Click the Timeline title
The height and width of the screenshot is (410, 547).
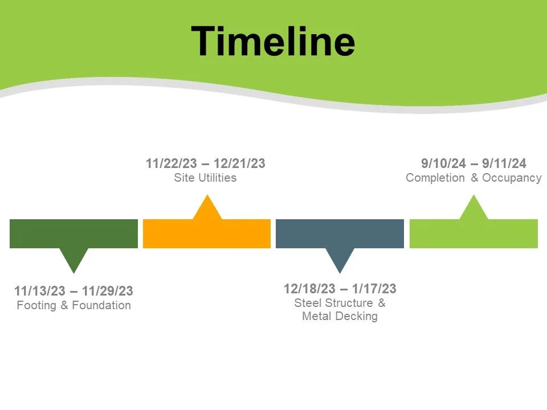point(273,41)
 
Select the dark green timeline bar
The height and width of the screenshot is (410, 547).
point(74,233)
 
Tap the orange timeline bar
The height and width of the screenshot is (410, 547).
point(206,233)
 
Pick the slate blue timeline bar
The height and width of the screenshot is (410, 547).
point(340,233)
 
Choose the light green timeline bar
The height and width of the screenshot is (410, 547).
point(473,233)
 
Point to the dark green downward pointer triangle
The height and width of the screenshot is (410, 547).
point(74,260)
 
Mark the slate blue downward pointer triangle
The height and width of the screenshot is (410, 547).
point(340,260)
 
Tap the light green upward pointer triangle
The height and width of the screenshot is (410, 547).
point(473,209)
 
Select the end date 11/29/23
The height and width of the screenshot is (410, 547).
point(108,291)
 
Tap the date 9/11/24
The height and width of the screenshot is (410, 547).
point(506,164)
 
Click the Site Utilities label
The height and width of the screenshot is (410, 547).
point(205,178)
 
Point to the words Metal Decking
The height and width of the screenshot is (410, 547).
point(340,316)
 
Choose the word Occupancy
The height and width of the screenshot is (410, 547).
point(512,178)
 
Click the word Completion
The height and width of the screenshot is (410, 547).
point(435,178)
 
